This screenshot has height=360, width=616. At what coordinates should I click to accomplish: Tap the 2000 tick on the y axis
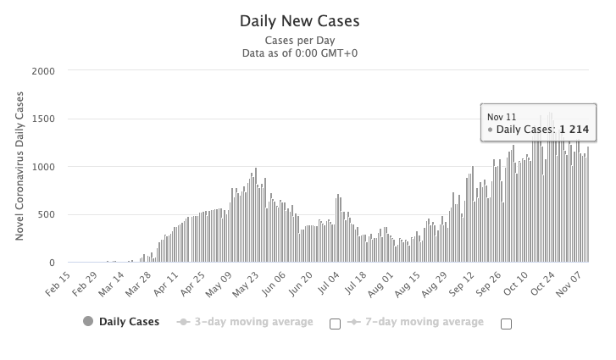[x=43, y=70]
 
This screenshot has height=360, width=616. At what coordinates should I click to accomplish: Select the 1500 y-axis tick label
[x=43, y=119]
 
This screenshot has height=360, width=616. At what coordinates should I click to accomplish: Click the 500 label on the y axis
[x=47, y=214]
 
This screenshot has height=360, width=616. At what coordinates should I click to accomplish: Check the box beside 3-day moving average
[x=335, y=324]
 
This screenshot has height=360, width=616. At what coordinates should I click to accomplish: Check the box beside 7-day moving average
[x=507, y=324]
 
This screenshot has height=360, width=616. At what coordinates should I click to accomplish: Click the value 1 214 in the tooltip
[x=574, y=130]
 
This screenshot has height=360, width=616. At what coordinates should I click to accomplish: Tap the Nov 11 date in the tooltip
[x=501, y=116]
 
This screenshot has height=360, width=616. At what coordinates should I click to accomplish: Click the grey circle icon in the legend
[x=88, y=322]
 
